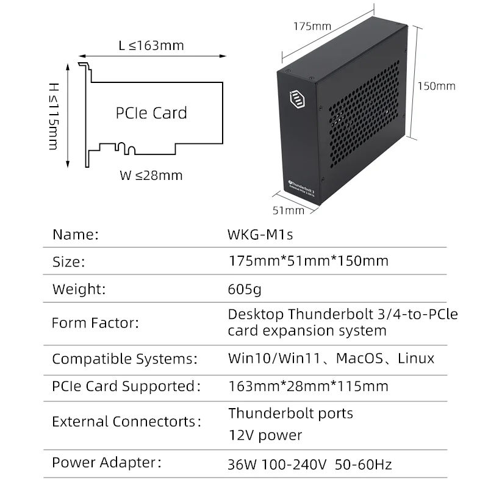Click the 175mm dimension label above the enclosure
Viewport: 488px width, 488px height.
(312, 26)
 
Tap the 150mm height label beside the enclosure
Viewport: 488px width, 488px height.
(436, 86)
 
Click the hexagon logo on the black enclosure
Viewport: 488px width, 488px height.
(295, 98)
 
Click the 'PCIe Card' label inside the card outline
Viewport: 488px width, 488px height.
(151, 113)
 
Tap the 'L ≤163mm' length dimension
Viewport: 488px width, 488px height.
(151, 46)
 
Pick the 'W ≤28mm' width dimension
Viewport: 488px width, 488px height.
(151, 176)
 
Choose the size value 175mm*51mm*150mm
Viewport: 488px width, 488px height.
(308, 261)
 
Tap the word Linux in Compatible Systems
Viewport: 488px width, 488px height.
(416, 358)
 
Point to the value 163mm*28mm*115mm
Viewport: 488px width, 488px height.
(308, 386)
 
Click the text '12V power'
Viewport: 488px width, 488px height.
(265, 435)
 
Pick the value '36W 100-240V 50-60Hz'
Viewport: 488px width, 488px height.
(310, 465)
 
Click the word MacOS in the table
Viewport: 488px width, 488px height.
(359, 358)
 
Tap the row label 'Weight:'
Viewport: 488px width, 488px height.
(79, 289)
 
